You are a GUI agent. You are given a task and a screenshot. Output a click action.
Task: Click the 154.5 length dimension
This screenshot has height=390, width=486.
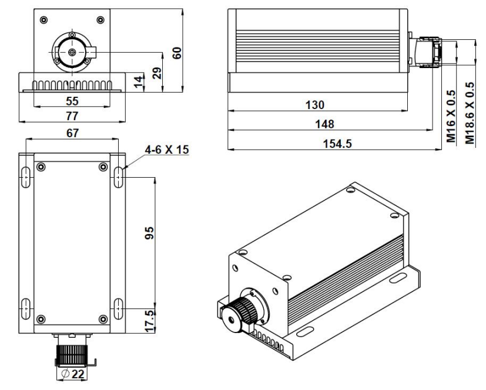point(337,144)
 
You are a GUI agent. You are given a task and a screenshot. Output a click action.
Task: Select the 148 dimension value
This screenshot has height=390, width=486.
point(324,124)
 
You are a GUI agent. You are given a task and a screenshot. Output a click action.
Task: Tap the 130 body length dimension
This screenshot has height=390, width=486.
point(315,105)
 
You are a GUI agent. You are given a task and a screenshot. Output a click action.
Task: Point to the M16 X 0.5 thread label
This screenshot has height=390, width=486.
point(451,116)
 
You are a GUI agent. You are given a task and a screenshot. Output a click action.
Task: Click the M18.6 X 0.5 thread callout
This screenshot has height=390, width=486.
point(470,113)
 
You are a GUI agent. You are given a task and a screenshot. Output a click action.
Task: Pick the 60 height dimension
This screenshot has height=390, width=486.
point(177,53)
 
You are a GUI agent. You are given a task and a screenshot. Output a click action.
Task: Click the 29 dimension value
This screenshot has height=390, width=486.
point(157,73)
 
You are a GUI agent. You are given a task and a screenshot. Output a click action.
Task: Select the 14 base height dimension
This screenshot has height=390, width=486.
point(139,81)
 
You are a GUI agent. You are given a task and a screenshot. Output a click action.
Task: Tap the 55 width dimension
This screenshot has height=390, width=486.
point(72,101)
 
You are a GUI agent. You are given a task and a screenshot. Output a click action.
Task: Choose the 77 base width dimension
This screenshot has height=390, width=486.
point(72,116)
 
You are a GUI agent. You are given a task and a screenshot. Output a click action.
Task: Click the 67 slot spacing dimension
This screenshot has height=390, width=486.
point(72,133)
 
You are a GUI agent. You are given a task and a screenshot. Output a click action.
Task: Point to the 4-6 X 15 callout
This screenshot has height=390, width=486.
point(167,150)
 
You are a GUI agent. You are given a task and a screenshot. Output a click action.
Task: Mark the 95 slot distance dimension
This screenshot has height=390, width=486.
point(149,233)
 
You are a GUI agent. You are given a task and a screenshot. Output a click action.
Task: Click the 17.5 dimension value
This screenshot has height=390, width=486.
point(150,321)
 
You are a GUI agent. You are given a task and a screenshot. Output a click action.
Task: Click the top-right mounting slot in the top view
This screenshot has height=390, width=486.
point(118,177)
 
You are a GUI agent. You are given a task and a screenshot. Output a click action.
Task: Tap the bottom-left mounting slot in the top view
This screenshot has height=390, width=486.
point(26,308)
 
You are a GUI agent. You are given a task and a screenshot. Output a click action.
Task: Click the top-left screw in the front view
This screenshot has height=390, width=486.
point(43,20)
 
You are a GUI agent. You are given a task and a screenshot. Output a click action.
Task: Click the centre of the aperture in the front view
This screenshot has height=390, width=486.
point(72,52)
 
